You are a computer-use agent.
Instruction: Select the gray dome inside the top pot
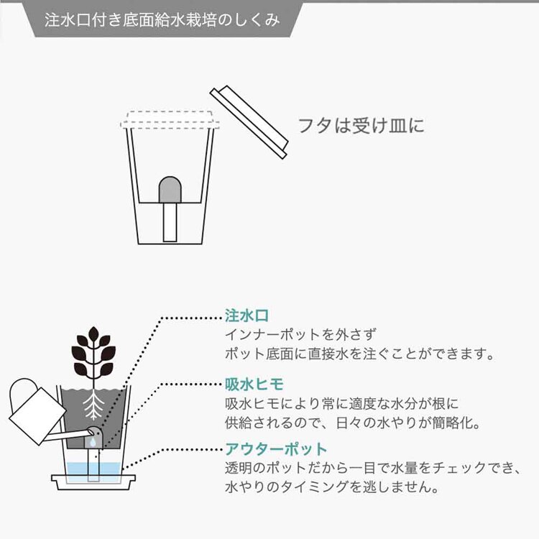tap(170, 189)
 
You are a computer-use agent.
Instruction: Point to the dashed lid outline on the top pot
tap(169, 119)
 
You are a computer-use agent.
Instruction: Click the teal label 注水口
tap(242, 317)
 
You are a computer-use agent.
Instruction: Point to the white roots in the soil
tap(93, 407)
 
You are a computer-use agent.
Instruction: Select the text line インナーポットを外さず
tap(300, 336)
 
